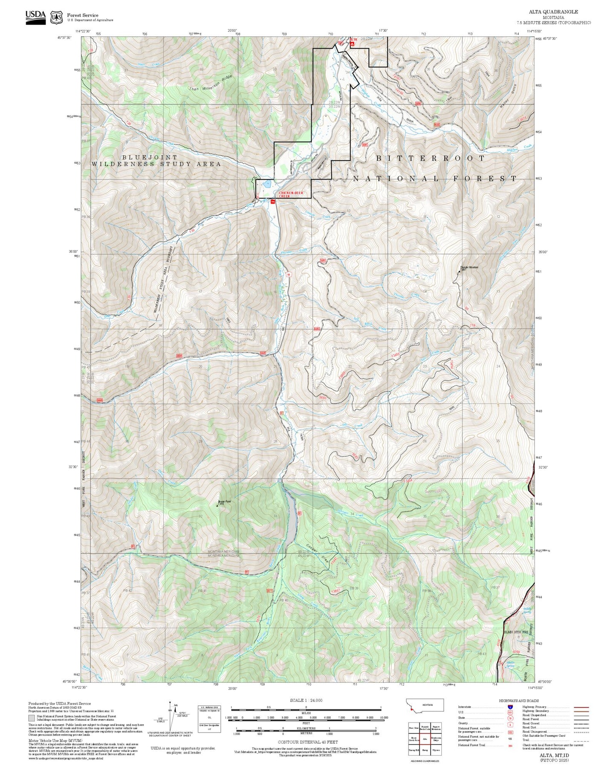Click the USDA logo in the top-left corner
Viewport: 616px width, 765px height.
pos(35,17)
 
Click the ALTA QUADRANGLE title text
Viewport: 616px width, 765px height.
pos(560,12)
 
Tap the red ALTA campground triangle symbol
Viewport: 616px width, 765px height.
pos(352,43)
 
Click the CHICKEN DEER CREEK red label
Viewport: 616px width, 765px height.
pos(291,194)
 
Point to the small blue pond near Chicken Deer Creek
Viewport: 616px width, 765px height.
pos(266,185)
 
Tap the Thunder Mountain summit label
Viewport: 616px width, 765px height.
pos(469,268)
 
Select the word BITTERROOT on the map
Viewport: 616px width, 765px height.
pos(431,158)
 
